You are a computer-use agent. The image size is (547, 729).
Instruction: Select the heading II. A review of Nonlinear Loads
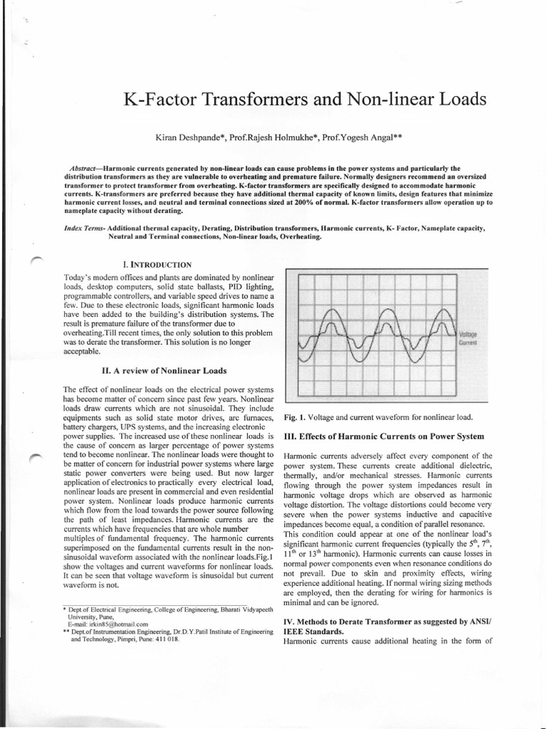coord(165,370)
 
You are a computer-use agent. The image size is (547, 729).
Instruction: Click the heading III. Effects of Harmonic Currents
coord(374,436)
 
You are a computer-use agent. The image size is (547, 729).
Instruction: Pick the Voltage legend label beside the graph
coord(468,333)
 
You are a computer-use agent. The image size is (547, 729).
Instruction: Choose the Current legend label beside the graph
coord(468,342)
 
